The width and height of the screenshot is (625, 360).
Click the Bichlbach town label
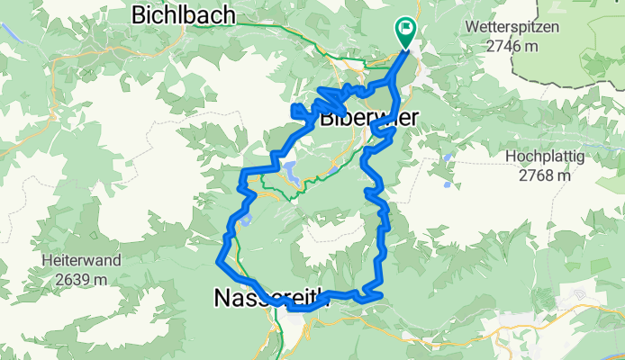(x=184, y=14)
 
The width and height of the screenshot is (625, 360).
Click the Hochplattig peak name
(x=545, y=157)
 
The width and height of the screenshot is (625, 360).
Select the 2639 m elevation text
(x=80, y=278)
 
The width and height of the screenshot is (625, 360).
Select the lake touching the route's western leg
(x=245, y=219)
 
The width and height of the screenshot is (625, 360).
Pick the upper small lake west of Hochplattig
(x=448, y=158)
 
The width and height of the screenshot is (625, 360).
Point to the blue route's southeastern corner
(x=382, y=294)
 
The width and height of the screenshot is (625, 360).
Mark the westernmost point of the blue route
(x=217, y=262)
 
